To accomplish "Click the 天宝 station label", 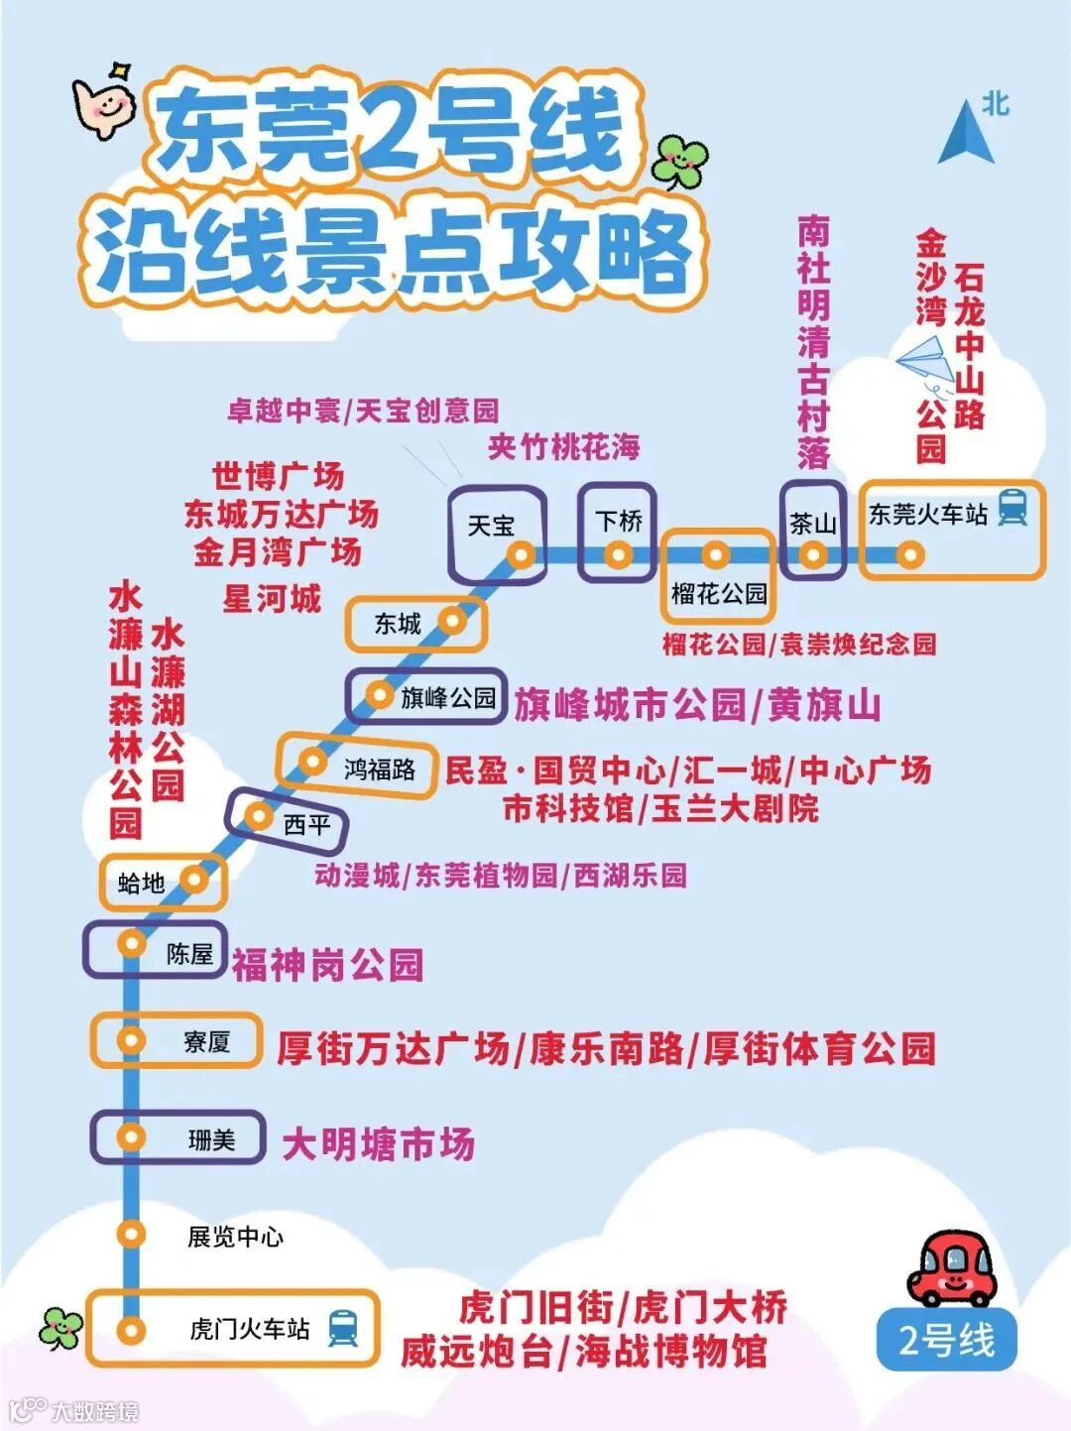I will [x=491, y=526].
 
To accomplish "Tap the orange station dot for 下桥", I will [x=617, y=554].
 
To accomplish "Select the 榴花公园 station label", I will [x=719, y=594].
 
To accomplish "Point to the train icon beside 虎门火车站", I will [x=343, y=1327].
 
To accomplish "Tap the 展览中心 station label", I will [x=235, y=1237].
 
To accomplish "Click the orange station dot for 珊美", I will [x=131, y=1136].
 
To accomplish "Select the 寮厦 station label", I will [x=206, y=1041].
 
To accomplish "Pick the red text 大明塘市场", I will [x=378, y=1144].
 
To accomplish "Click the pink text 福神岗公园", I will [x=327, y=964].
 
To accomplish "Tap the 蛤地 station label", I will [x=141, y=882].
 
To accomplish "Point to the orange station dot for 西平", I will [x=259, y=816].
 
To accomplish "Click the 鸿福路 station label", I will [x=379, y=769].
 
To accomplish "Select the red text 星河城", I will [x=272, y=599].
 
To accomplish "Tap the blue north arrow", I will [x=966, y=132].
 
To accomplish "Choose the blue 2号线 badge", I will [x=947, y=1340].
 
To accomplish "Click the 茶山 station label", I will [x=812, y=524].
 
